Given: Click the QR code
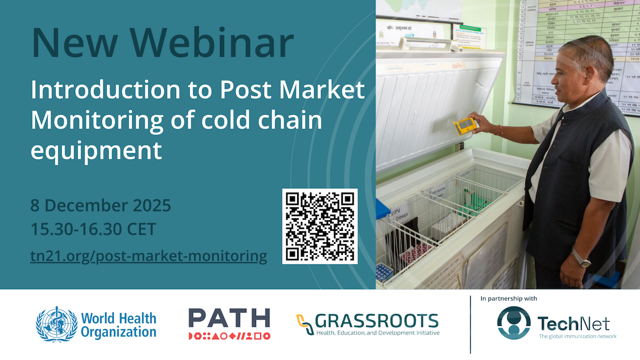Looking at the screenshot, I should click(320, 226).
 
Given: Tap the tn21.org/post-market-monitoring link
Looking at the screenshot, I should click(149, 256).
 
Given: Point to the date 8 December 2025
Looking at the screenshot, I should click(101, 205).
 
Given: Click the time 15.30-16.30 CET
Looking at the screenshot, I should click(93, 230).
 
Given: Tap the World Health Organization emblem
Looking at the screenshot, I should click(56, 324).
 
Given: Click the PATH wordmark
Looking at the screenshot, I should click(229, 318).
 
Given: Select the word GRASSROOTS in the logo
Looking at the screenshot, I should click(377, 320).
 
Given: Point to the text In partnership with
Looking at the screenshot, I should click(509, 299).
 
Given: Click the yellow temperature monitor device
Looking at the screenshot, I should click(463, 126).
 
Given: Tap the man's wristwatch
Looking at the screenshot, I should click(581, 260).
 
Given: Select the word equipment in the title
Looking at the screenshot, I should click(96, 151).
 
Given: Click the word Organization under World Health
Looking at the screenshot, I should click(118, 332).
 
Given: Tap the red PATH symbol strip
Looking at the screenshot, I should click(229, 335).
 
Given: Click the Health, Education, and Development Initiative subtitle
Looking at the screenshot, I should click(377, 333).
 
